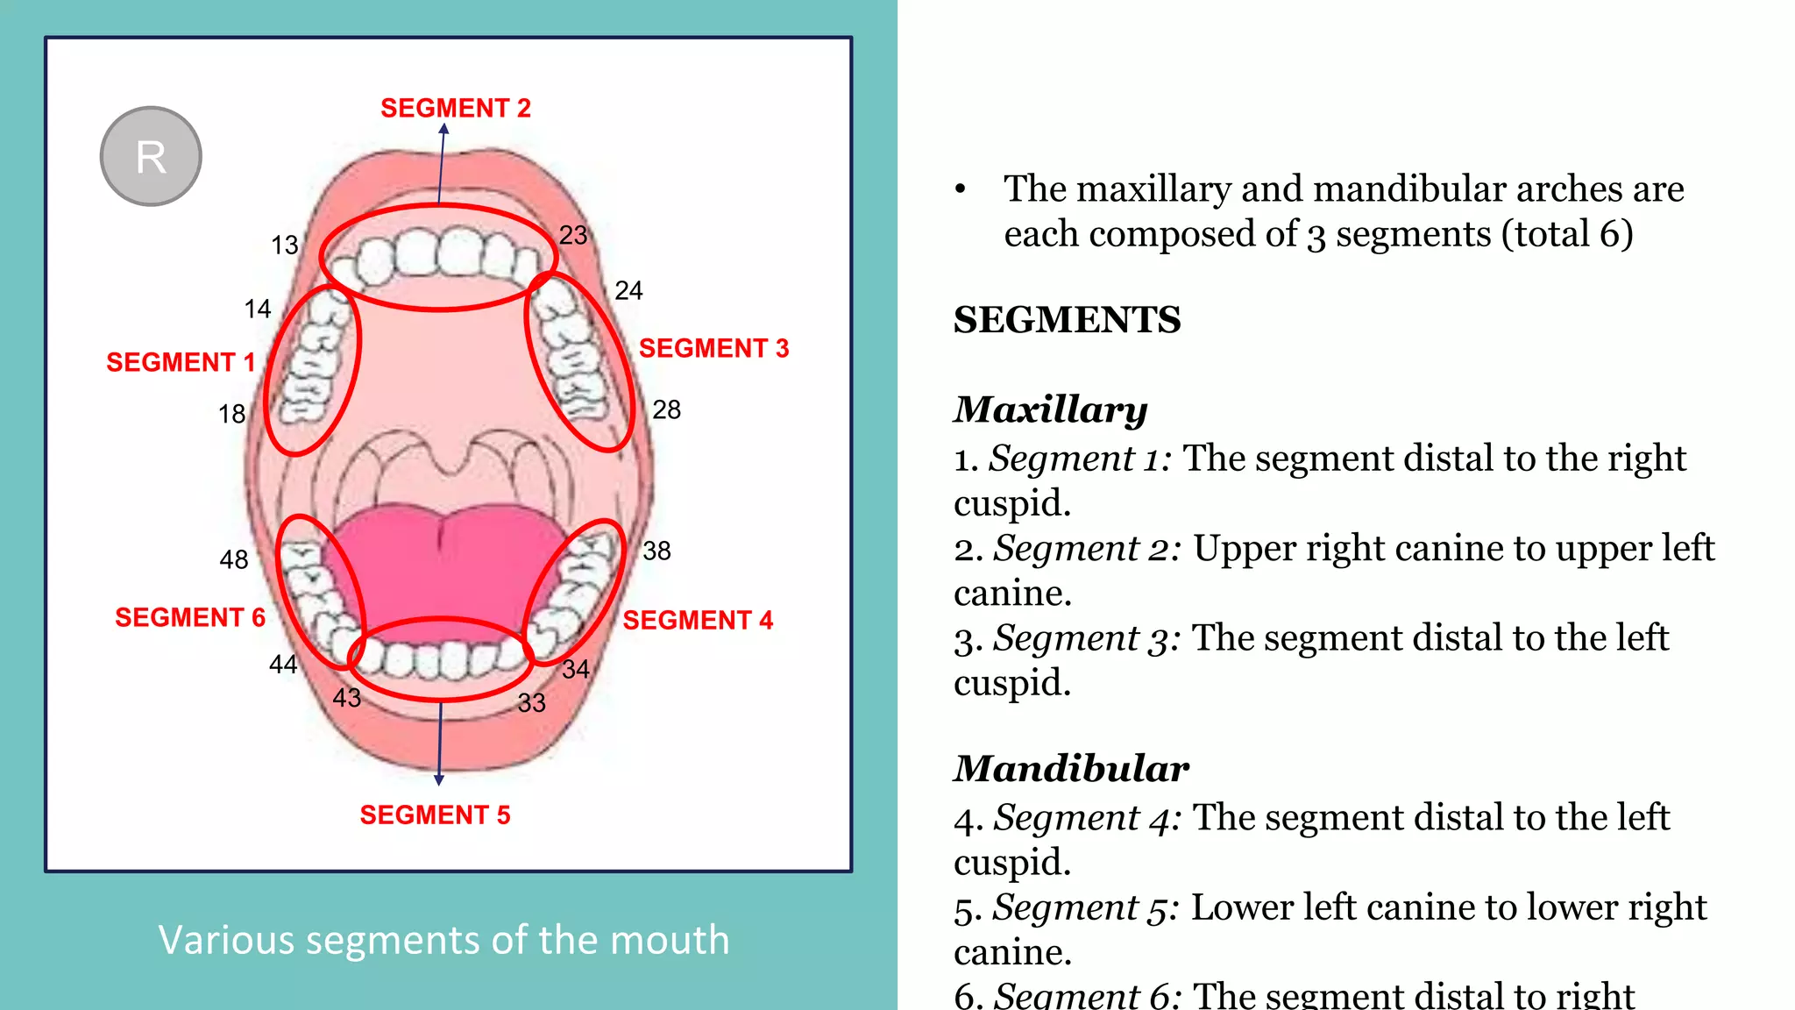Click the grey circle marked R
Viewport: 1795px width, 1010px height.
point(151,157)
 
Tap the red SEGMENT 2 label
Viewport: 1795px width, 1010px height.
point(455,108)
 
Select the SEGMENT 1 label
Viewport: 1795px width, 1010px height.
point(180,362)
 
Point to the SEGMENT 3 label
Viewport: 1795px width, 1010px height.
point(713,348)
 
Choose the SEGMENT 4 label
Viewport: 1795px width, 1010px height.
point(698,620)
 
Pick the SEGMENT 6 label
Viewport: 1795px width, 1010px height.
point(189,617)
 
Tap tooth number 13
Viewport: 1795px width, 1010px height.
point(285,245)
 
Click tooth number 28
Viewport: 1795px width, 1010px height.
point(666,409)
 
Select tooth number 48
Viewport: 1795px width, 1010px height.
point(234,559)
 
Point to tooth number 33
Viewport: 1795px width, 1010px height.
point(531,702)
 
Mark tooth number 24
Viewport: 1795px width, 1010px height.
point(628,290)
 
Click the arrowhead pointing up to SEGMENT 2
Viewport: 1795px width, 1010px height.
point(443,129)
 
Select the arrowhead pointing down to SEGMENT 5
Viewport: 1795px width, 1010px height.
point(439,779)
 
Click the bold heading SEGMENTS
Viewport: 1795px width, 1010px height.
point(1067,319)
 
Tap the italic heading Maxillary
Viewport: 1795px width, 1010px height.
point(1050,409)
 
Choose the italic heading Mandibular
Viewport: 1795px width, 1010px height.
point(1071,768)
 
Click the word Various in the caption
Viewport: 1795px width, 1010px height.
point(226,940)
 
